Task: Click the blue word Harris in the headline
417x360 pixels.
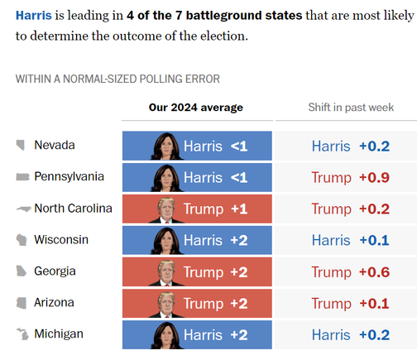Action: tap(34, 15)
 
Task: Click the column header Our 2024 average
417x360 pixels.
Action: tap(196, 108)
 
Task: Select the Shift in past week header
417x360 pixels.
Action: tap(351, 108)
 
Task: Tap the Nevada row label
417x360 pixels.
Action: tap(55, 145)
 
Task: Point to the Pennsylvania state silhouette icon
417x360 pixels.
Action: tap(22, 176)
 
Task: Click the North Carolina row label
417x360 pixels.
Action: tap(73, 209)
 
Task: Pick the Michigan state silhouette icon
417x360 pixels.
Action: tap(22, 334)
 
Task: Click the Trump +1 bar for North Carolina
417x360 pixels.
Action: tap(197, 209)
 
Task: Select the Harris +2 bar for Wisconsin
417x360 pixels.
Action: tap(197, 240)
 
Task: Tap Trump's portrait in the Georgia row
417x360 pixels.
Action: tap(166, 273)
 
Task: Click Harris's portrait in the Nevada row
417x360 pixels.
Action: tap(167, 146)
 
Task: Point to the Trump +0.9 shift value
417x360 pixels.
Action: tap(351, 177)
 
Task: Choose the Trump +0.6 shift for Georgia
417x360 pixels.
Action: tap(351, 272)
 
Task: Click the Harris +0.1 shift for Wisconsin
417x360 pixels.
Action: tap(351, 240)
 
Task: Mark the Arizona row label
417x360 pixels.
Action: tap(54, 303)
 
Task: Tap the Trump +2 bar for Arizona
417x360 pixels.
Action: tap(197, 304)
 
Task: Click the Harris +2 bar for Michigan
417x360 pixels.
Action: tap(197, 335)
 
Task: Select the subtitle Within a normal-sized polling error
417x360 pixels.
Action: tap(117, 79)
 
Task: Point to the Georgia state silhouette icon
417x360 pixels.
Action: tap(22, 271)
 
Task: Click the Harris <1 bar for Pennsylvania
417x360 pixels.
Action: tap(197, 177)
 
